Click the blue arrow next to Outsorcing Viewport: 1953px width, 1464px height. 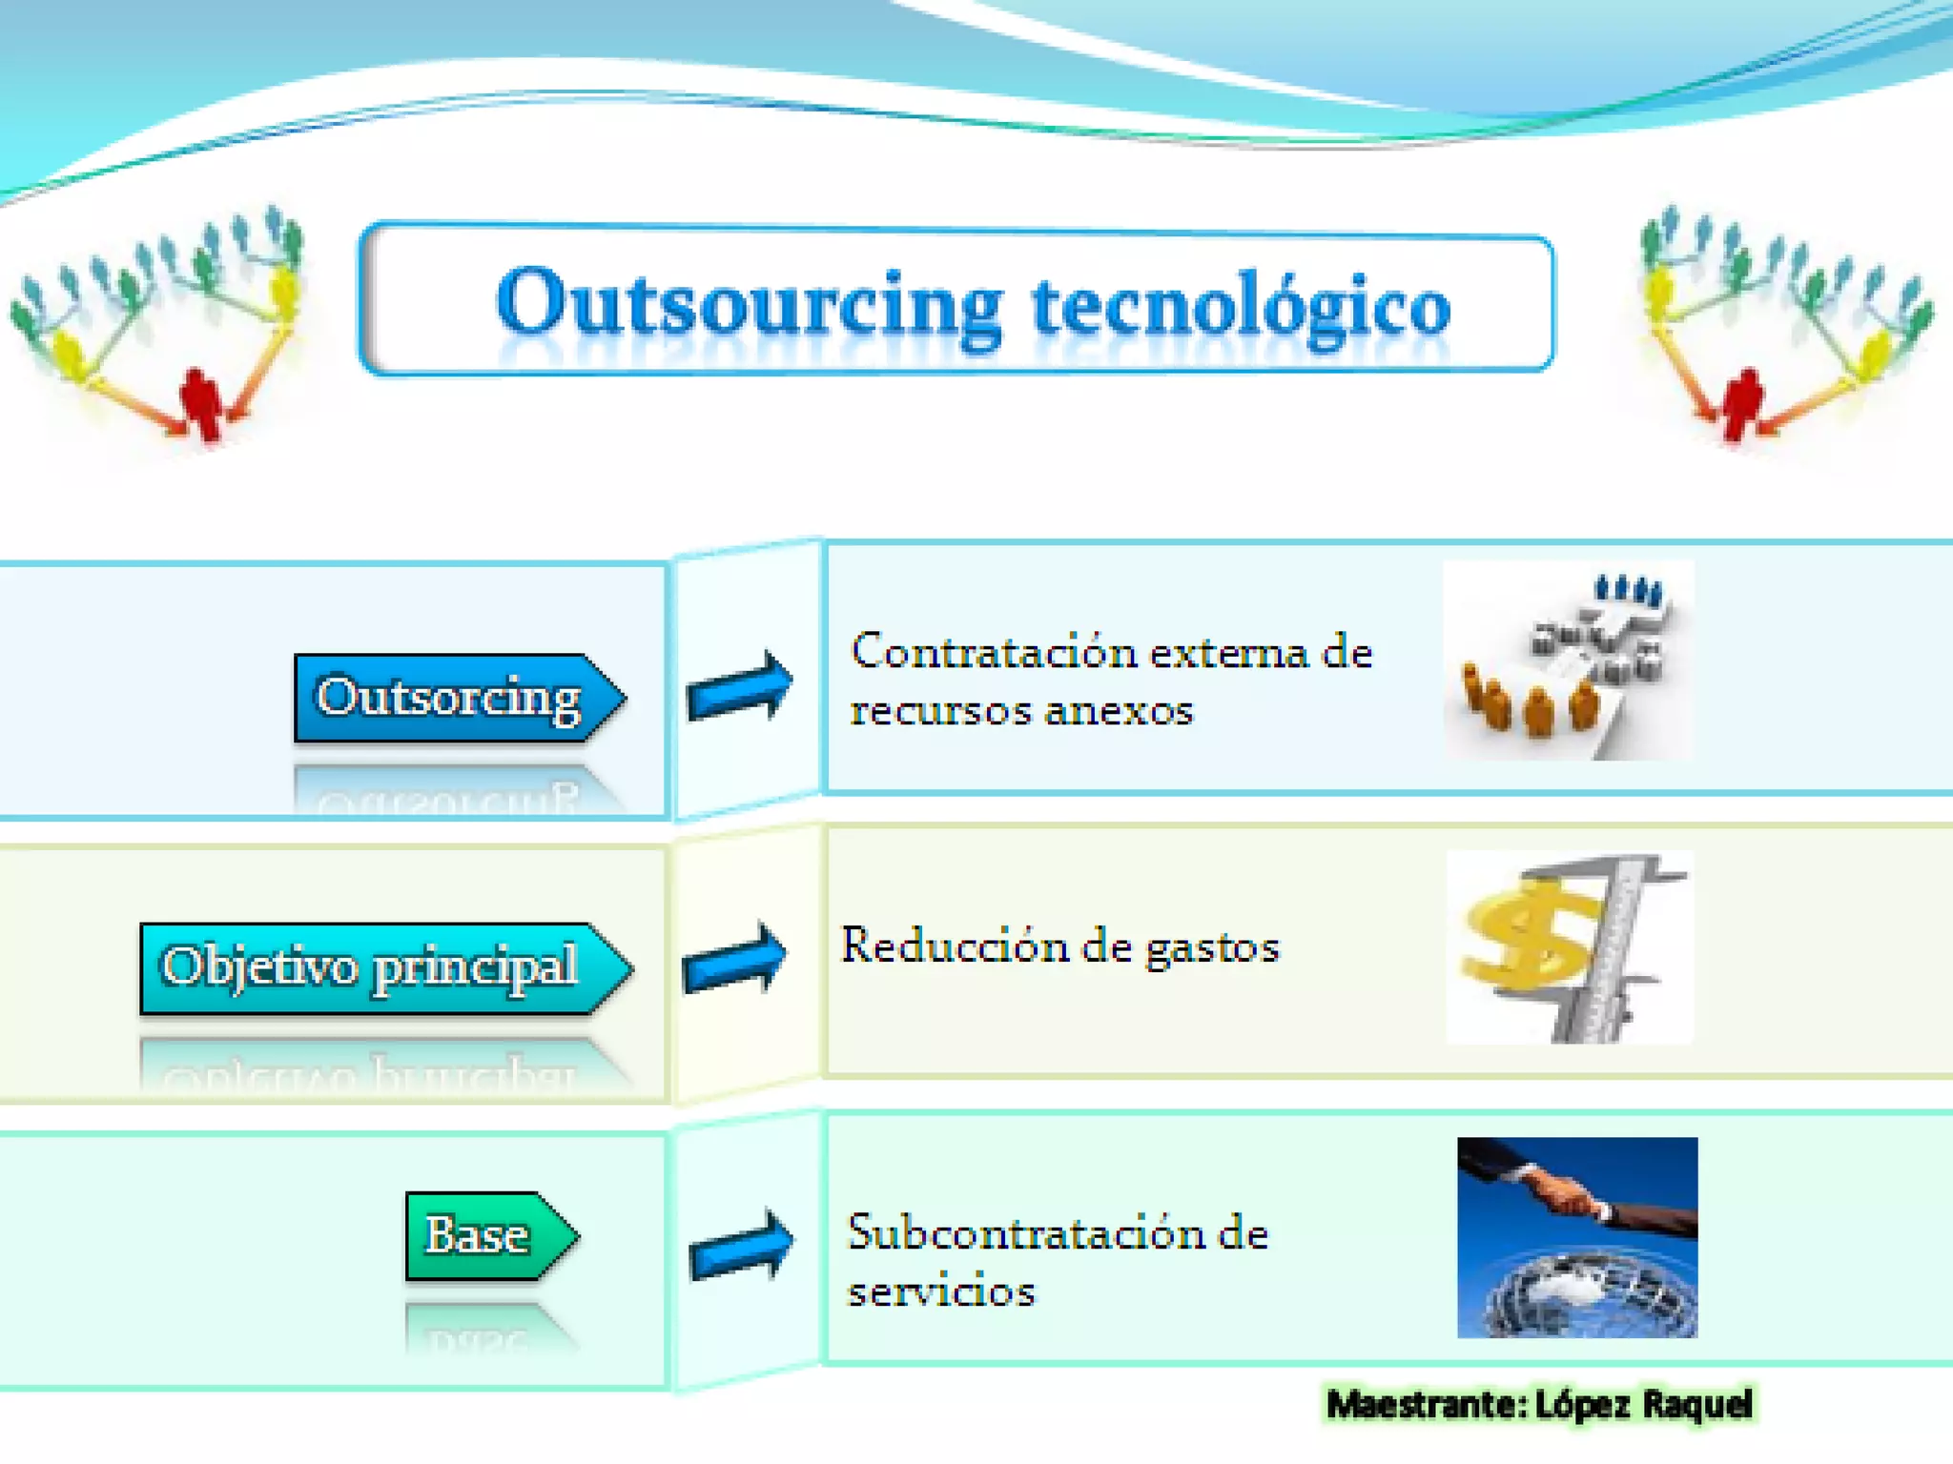click(x=740, y=686)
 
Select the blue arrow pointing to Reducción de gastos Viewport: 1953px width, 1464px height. click(x=735, y=958)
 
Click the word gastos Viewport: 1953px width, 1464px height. click(x=1211, y=948)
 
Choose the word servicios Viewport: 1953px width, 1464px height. click(x=941, y=1292)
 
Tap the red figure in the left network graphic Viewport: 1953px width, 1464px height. click(x=200, y=400)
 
